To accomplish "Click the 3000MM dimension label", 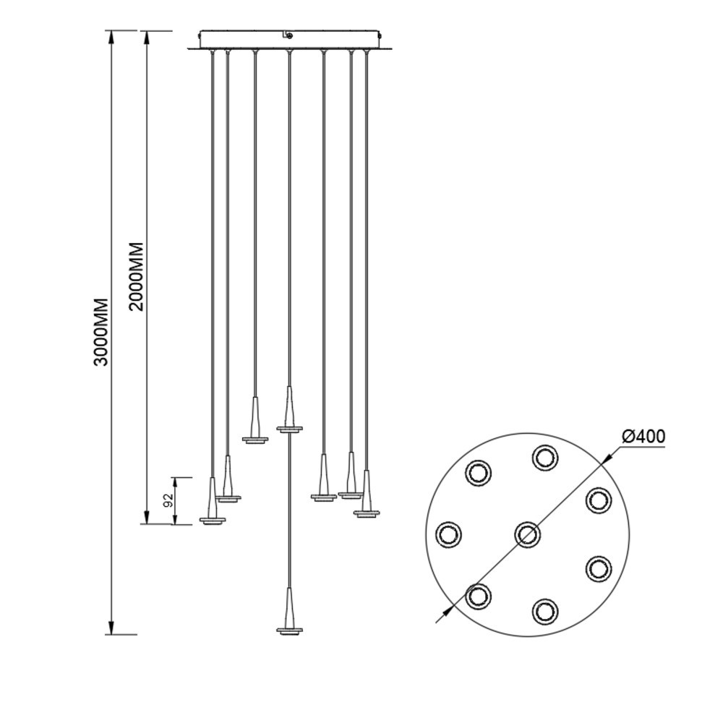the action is (101, 332).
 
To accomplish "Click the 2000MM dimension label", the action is (137, 277).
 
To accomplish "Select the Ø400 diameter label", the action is (643, 436).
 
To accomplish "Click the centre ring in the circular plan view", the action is (527, 535).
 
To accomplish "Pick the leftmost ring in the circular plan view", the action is (448, 535).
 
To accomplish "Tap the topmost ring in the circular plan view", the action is (545, 458).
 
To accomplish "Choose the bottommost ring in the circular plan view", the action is (545, 612).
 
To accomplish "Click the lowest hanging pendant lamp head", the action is (290, 612).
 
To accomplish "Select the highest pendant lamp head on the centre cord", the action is (290, 409).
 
